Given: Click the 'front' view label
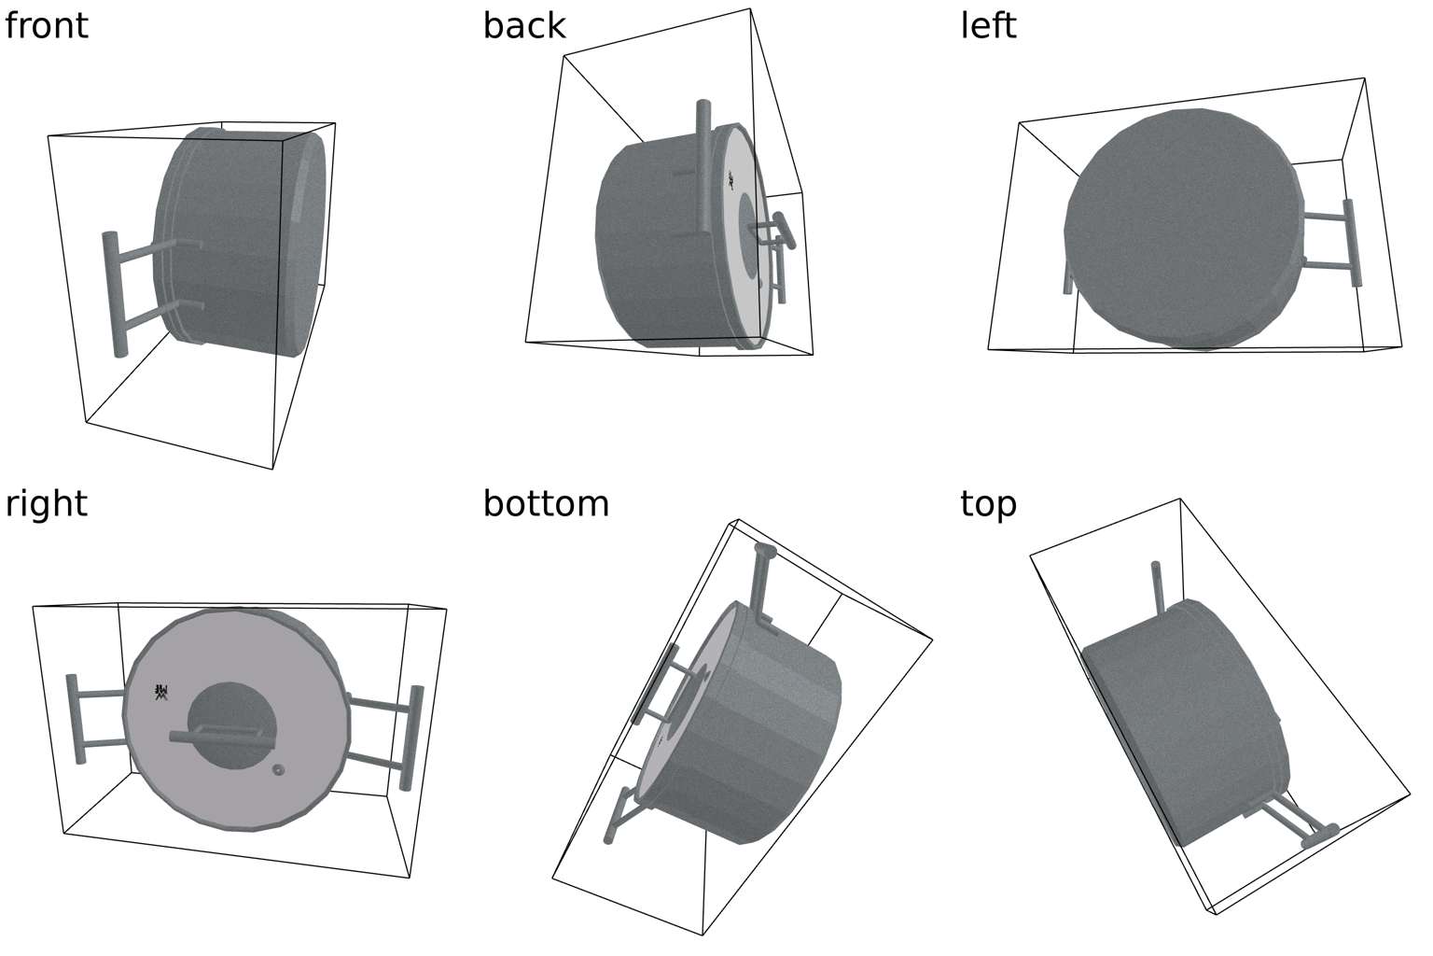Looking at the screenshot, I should [47, 25].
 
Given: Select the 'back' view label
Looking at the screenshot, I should [523, 25].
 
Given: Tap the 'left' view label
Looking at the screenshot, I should [988, 25].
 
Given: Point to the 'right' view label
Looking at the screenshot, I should [47, 504].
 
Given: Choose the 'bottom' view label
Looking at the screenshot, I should [546, 504].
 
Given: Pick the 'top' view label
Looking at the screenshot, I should [988, 504].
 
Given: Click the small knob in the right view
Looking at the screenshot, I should [278, 770].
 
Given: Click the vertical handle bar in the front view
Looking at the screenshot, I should [115, 294].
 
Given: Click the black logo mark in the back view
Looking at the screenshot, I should [731, 181].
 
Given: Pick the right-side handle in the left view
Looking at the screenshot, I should [1351, 243].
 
